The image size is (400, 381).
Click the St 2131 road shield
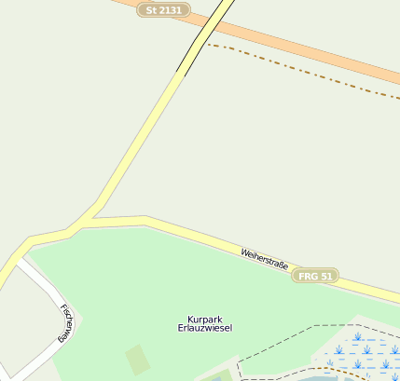[x=164, y=10]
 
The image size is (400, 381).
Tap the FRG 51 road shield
[x=314, y=277]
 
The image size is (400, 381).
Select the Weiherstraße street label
[x=264, y=258]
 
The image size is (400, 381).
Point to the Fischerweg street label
[x=66, y=323]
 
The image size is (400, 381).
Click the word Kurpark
[x=204, y=319]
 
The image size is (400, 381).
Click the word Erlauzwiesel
[x=204, y=328]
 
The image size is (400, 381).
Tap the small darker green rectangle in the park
[x=138, y=359]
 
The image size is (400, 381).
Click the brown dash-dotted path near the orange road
[x=298, y=70]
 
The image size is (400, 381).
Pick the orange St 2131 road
[x=308, y=47]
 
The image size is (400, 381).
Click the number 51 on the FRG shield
[x=325, y=277]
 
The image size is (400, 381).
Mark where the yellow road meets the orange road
[x=221, y=11]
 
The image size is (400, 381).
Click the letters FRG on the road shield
[x=308, y=277]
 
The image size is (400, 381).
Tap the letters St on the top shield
[x=151, y=10]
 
